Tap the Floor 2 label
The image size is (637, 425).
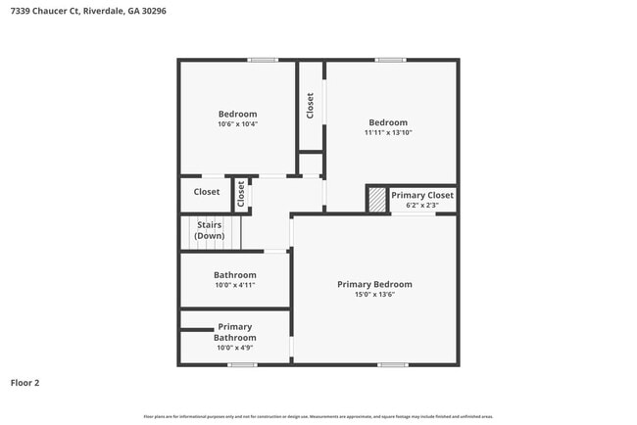tap(24, 383)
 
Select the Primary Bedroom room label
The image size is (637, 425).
tap(374, 284)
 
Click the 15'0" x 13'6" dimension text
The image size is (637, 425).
tap(374, 295)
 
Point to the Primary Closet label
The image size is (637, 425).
tap(422, 195)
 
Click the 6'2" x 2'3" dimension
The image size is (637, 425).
tap(422, 205)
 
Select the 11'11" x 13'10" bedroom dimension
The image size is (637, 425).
tap(388, 132)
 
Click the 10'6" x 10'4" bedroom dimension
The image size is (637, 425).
tap(237, 124)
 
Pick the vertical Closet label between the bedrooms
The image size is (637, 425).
tap(311, 106)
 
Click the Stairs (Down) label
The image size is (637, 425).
tap(209, 231)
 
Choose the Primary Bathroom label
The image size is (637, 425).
tap(234, 332)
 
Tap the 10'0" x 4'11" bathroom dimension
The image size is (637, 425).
tap(234, 286)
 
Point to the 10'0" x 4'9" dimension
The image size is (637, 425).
tap(234, 348)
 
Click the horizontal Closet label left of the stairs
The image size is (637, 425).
tap(207, 192)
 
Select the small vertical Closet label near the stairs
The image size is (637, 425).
tap(241, 193)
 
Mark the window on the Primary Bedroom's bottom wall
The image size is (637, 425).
tap(392, 365)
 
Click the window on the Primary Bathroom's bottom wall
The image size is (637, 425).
tap(242, 365)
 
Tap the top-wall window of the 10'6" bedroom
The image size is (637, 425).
tap(262, 60)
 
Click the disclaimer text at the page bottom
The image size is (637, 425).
tap(318, 416)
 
